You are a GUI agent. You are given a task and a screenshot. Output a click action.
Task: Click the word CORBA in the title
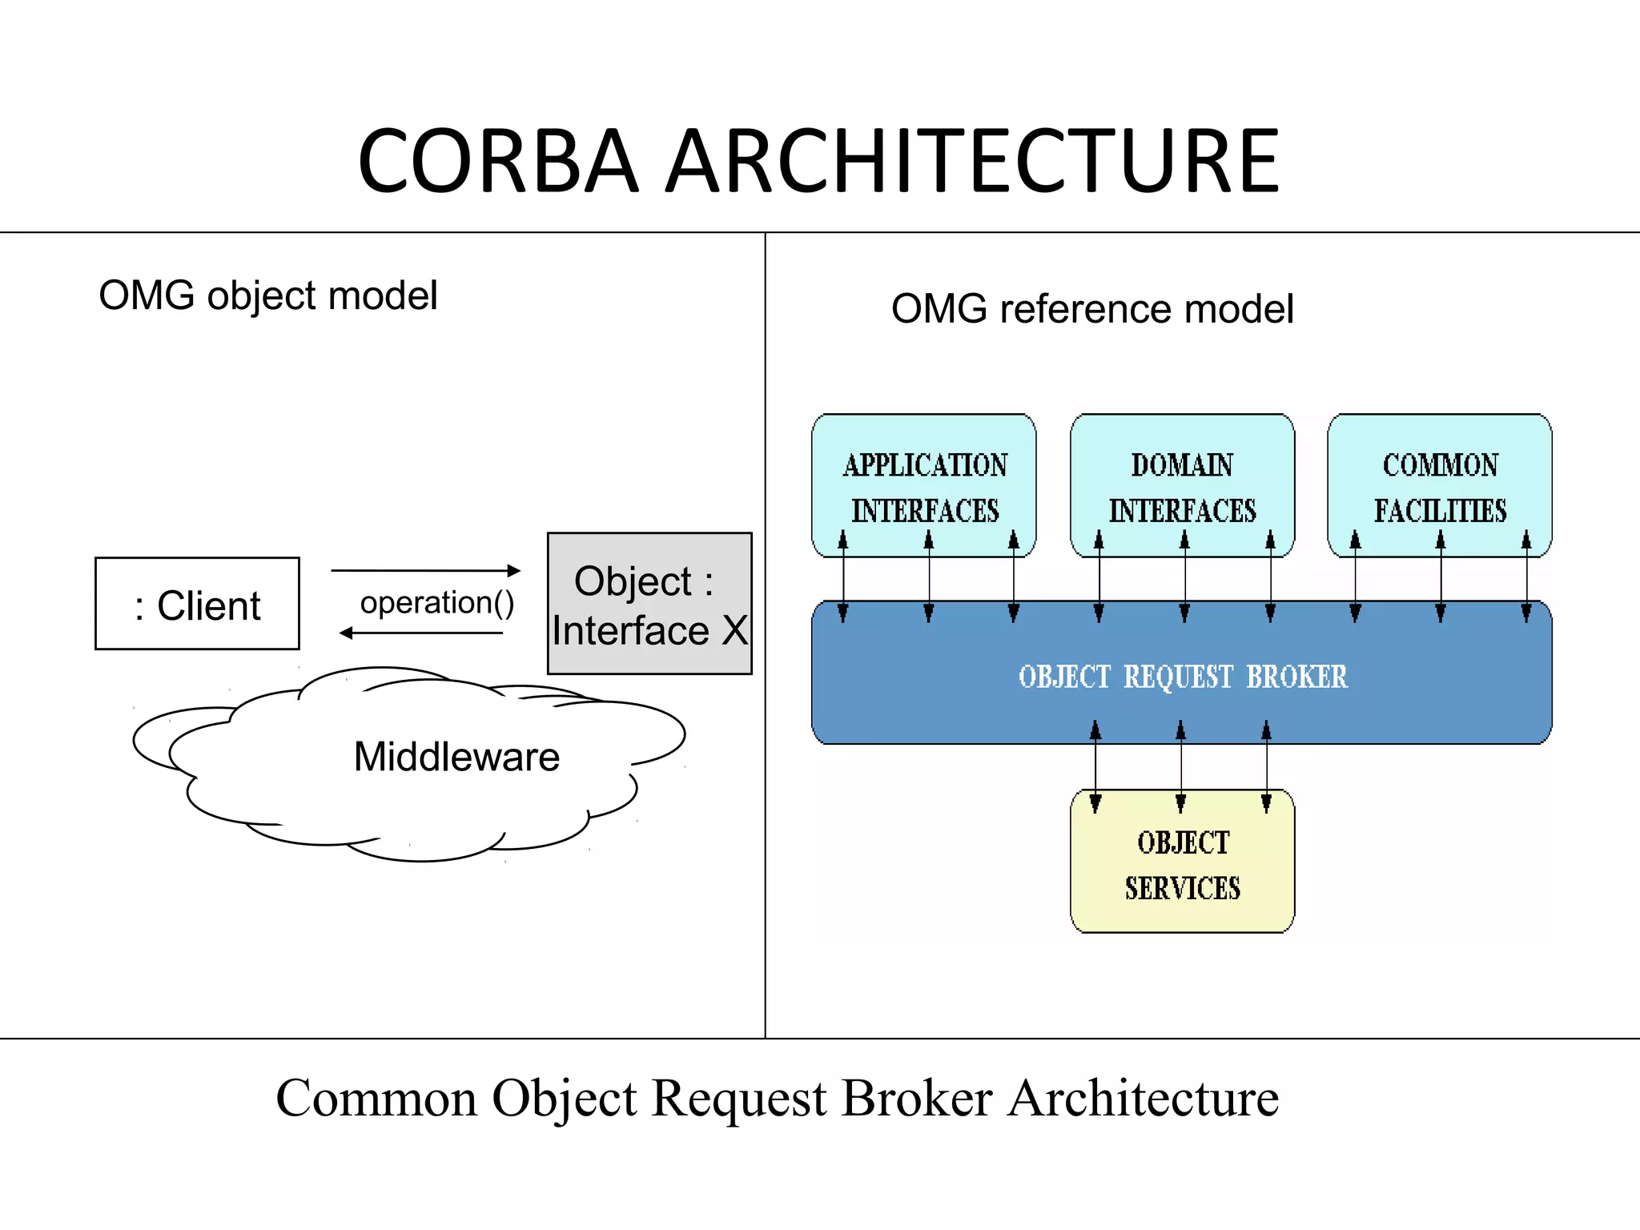498,162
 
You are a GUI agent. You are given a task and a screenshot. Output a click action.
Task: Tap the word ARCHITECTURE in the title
973,162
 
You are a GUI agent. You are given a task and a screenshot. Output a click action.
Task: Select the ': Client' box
197,604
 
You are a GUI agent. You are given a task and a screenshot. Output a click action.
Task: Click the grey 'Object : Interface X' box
649,604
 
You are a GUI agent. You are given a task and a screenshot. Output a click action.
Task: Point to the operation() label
436,603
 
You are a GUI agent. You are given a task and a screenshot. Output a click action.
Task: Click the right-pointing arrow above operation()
426,571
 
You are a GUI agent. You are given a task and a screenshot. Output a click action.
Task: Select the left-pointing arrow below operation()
422,633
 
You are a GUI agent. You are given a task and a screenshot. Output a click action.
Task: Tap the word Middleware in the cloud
456,758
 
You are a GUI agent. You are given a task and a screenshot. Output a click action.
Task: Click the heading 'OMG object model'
267,295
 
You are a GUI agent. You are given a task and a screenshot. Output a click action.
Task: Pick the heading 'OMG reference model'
1092,309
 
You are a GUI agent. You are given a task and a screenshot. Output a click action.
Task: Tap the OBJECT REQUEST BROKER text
1183,677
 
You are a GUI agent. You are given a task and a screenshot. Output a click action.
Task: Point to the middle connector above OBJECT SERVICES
1181,767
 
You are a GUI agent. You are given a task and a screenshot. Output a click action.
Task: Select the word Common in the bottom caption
376,1099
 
